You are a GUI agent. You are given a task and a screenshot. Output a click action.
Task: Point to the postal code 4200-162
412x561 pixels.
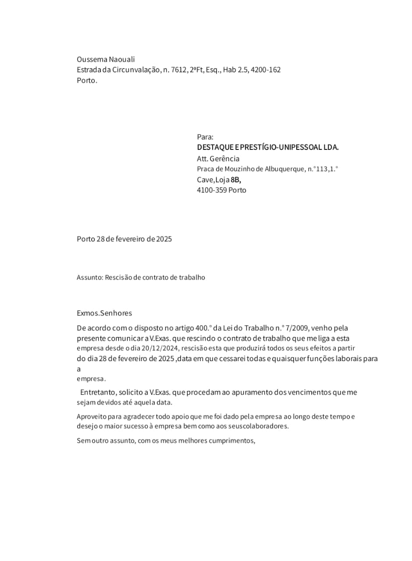point(266,70)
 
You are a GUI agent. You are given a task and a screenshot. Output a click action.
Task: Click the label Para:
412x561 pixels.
point(205,137)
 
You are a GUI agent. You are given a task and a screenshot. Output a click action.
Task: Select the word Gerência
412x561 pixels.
point(224,159)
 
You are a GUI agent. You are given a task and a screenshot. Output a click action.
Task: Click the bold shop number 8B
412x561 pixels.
point(236,180)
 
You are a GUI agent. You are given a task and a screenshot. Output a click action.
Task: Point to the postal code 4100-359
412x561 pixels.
point(212,190)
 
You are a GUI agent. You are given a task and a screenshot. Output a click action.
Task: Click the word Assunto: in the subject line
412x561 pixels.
point(90,277)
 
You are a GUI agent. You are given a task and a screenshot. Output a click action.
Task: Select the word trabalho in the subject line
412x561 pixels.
point(192,277)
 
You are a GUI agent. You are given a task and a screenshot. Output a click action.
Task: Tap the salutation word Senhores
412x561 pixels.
point(116,313)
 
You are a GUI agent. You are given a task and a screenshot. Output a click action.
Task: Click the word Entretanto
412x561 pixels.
point(98,392)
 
